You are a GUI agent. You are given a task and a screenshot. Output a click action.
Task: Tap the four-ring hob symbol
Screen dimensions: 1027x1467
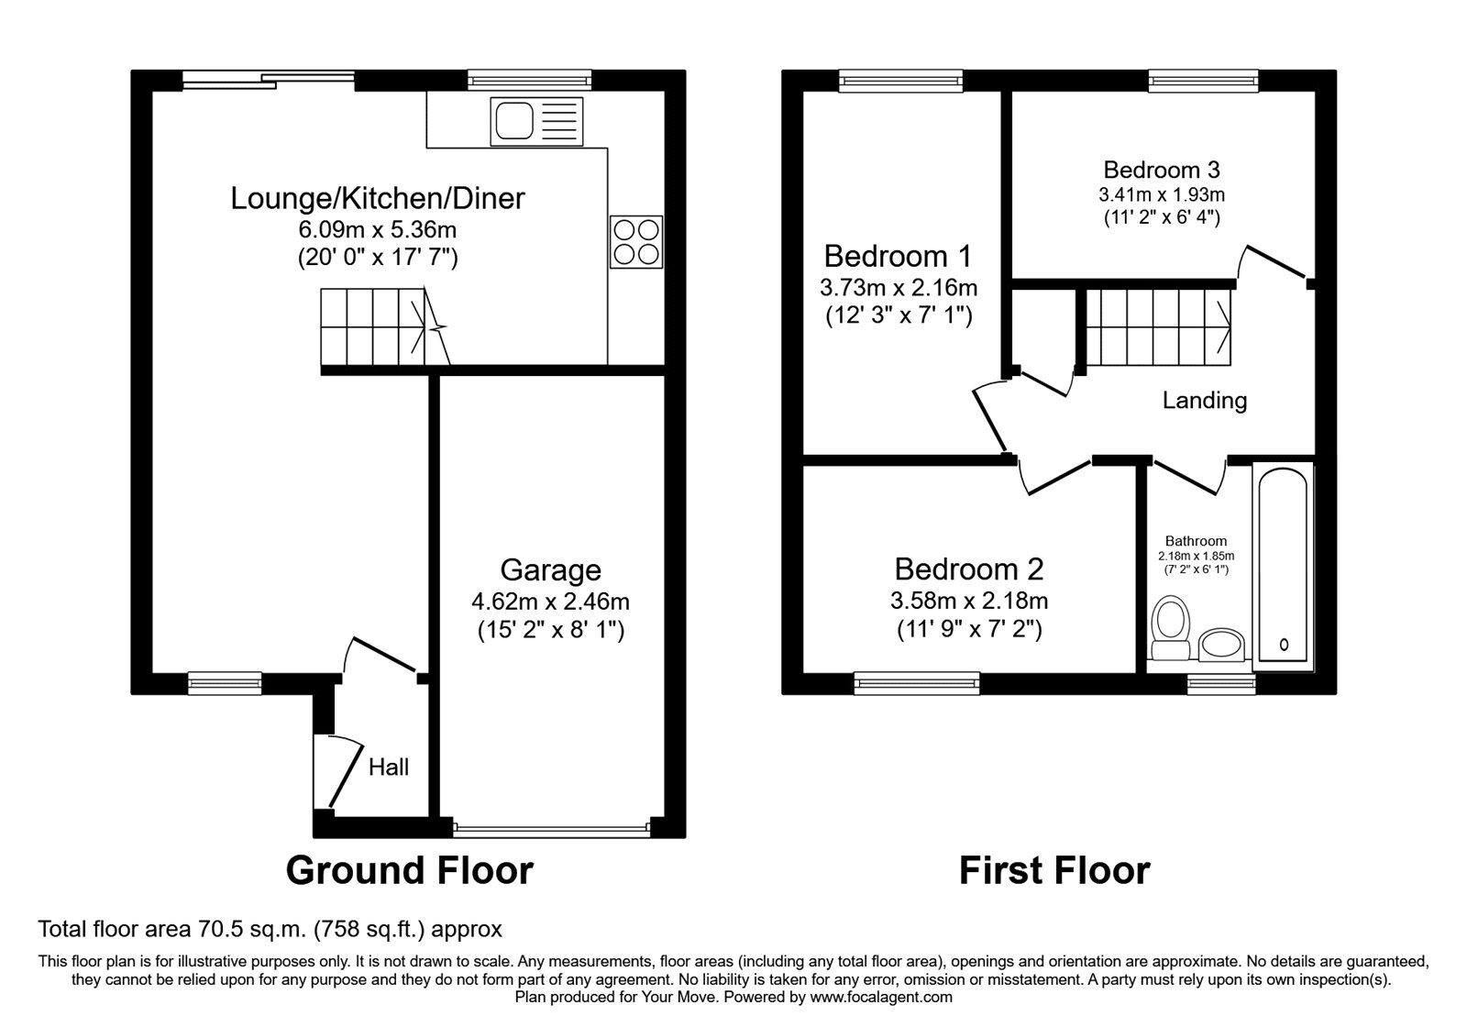[635, 242]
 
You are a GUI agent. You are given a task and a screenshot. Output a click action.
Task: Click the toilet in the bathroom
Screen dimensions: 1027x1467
[1170, 629]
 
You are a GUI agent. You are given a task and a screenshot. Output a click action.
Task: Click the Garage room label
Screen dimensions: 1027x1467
[550, 570]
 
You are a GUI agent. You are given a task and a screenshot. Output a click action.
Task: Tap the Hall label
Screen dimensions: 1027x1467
[389, 767]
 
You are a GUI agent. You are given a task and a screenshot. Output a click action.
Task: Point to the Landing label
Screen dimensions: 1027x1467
[1204, 401]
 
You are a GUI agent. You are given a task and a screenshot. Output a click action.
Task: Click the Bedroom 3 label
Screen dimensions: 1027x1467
[1161, 170]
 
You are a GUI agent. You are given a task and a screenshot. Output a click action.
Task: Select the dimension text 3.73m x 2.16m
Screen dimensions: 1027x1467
[898, 288]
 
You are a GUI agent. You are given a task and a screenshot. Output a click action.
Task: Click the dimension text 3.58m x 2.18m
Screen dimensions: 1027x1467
[968, 602]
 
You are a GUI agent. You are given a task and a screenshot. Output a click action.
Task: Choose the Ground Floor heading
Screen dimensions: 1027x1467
[409, 870]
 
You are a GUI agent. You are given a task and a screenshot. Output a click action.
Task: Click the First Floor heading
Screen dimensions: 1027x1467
[1053, 870]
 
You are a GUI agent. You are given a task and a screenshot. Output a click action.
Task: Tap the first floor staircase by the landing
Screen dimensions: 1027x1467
[1157, 326]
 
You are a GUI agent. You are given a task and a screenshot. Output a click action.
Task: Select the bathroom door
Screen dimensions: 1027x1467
[1189, 476]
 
